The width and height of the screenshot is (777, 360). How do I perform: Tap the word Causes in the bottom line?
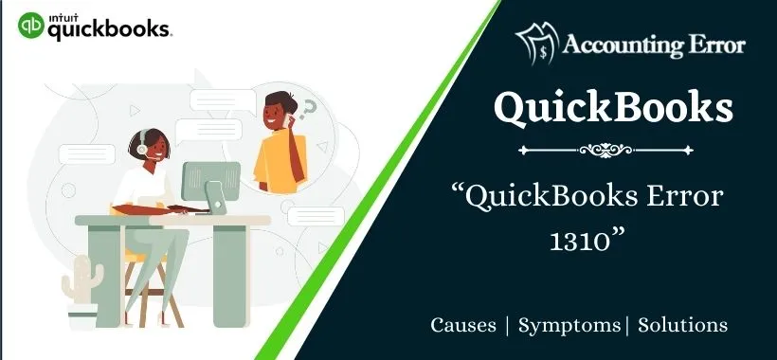463,325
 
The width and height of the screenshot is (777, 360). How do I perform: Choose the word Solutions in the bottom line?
683,325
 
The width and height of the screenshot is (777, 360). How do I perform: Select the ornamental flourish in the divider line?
614,150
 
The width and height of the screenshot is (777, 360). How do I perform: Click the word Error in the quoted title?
687,198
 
